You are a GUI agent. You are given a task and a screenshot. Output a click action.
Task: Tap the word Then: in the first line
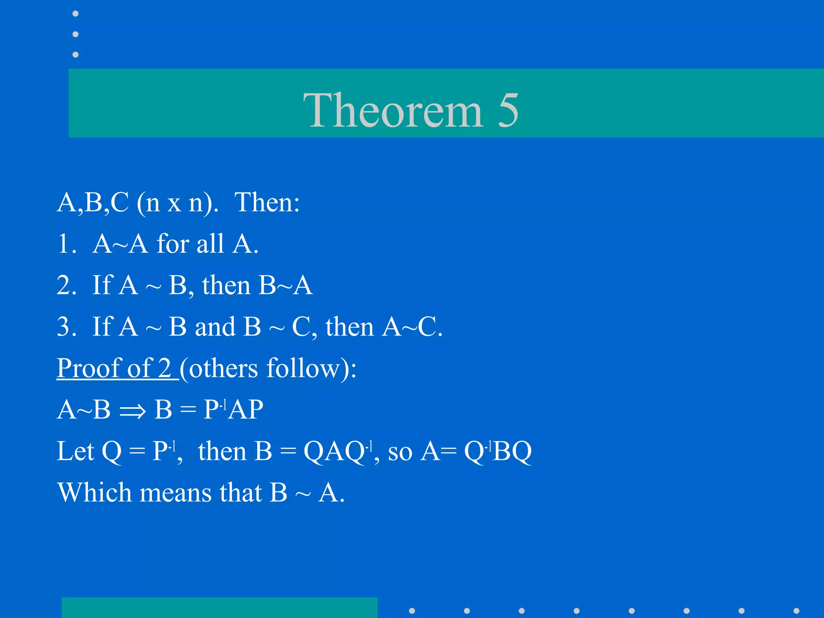(x=267, y=202)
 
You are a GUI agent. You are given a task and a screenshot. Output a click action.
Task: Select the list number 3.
(x=66, y=326)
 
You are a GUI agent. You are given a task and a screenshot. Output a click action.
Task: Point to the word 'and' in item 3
(x=215, y=326)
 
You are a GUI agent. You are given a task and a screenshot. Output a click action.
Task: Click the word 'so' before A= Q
(x=400, y=451)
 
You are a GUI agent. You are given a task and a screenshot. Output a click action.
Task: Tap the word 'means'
(x=175, y=493)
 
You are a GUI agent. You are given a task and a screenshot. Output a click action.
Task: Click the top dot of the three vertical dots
(x=75, y=14)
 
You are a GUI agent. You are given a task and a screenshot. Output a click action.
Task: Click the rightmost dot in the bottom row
(x=796, y=611)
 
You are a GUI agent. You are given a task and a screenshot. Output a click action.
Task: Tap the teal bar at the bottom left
(x=219, y=608)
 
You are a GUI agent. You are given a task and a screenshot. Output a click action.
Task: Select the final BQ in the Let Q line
(x=512, y=451)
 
